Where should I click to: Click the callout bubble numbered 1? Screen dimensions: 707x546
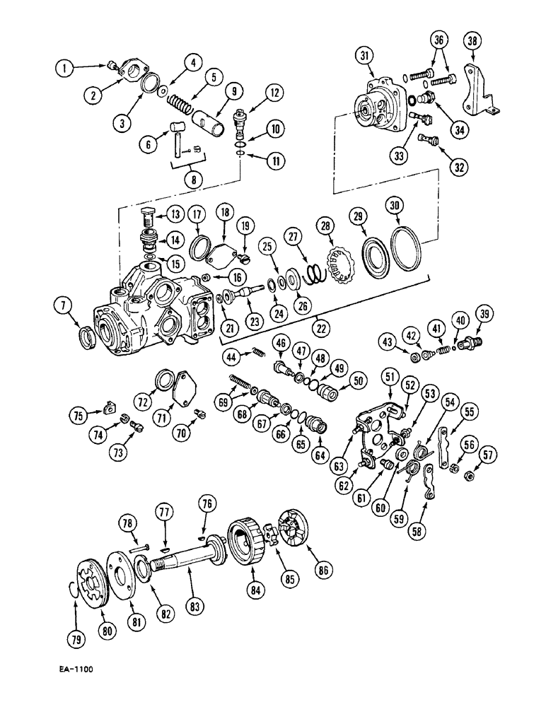tap(65, 68)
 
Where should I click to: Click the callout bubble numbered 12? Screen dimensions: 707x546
tap(255, 91)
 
